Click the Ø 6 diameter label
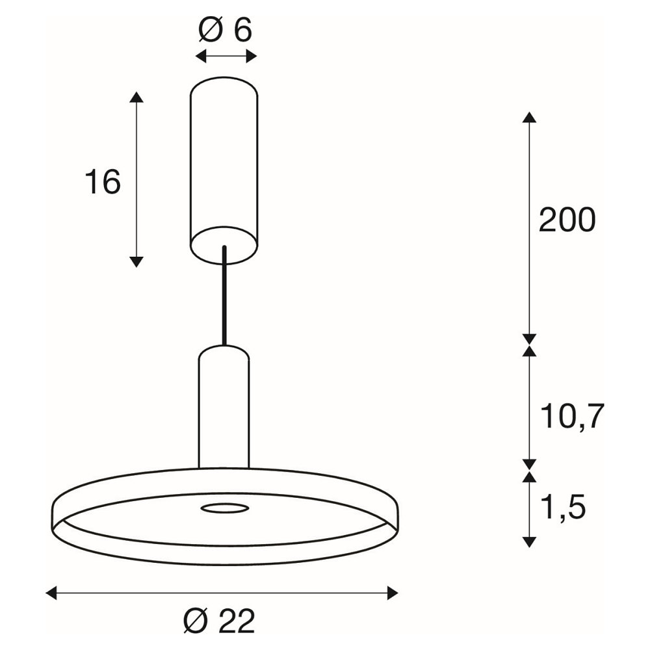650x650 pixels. [x=225, y=30]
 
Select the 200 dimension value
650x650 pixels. [x=567, y=220]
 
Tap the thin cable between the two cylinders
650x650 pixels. [x=225, y=296]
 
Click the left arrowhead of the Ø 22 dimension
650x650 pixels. [x=51, y=593]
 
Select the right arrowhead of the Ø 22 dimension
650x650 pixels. [x=393, y=593]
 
